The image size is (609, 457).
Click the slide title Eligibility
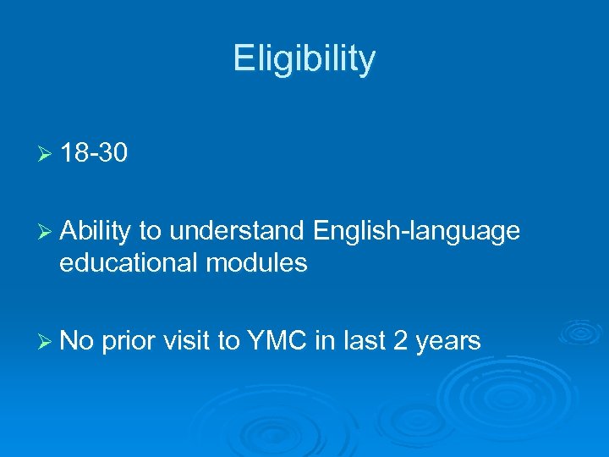(x=304, y=59)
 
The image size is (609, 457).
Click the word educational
(x=128, y=263)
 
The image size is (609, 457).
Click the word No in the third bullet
(x=77, y=341)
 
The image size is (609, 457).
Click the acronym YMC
(x=278, y=341)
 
